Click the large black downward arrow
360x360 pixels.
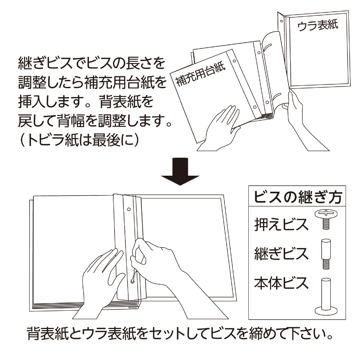tap(180, 171)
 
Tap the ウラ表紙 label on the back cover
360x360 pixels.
tap(318, 26)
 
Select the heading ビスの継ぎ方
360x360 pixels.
tap(298, 197)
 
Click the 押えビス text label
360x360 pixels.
tap(281, 224)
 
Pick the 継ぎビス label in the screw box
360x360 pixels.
tap(281, 254)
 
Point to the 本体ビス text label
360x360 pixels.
tap(281, 283)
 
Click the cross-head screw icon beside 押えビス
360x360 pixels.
tap(326, 219)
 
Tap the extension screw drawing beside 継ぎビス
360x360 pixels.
tap(326, 254)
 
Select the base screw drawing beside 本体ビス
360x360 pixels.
tap(326, 296)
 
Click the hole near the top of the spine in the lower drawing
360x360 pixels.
tap(129, 210)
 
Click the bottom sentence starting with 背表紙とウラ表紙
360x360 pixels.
tap(180, 333)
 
